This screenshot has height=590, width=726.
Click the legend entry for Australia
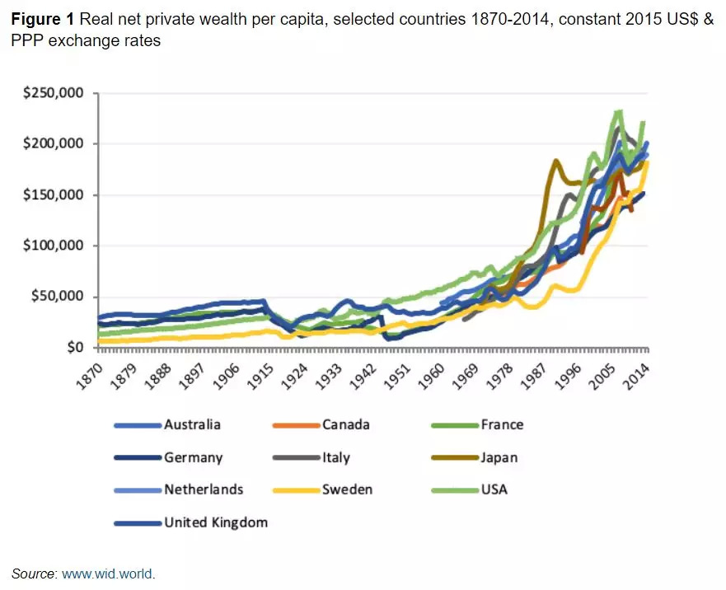coord(192,425)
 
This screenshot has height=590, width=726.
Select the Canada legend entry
coord(345,425)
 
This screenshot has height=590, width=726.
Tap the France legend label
coord(502,425)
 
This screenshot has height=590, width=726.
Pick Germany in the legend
coord(193,457)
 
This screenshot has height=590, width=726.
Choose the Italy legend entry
coord(336,457)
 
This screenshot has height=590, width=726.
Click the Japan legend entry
coord(499,457)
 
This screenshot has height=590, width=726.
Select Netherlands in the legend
coord(204,489)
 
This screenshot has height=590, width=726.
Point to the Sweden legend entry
coord(347,489)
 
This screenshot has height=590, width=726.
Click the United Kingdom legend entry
coord(215,522)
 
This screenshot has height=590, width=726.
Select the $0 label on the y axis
coord(75,348)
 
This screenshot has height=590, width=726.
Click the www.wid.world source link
coord(108,574)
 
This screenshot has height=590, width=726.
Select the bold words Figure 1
coord(41,19)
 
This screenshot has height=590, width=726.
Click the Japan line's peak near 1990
coord(556,161)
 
